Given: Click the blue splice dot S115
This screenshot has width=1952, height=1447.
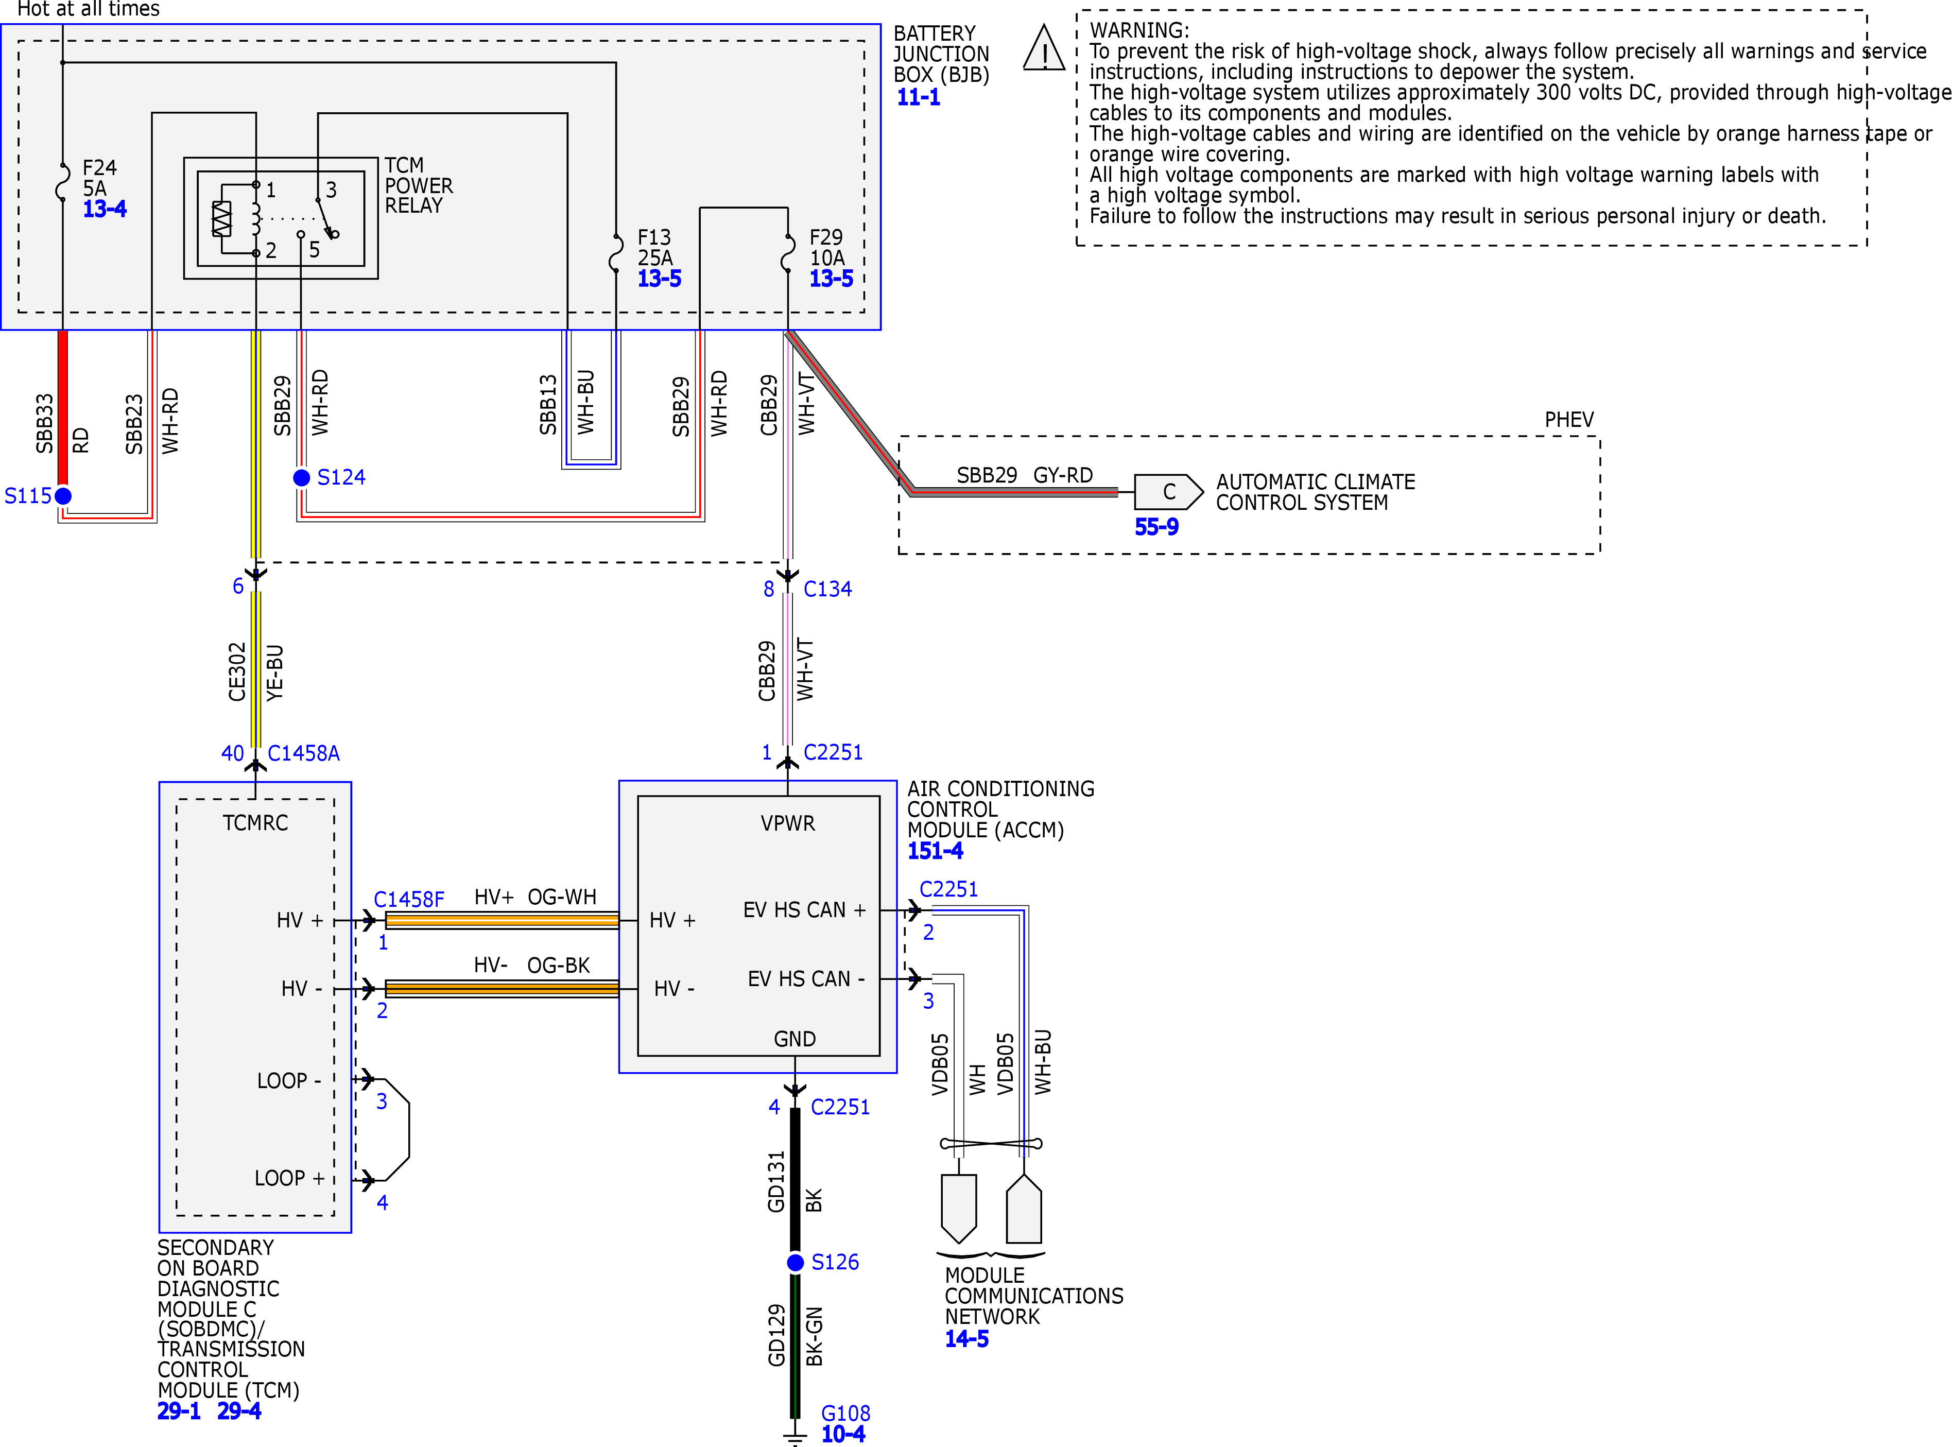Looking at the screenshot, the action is pyautogui.click(x=63, y=496).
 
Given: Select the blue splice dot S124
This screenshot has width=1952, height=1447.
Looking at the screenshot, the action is pyautogui.click(x=301, y=477).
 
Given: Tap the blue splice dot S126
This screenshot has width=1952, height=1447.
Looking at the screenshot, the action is pyautogui.click(x=795, y=1262).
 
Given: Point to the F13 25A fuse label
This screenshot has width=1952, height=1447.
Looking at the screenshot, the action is pyautogui.click(x=655, y=248).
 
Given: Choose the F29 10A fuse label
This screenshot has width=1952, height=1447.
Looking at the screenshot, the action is pyautogui.click(x=827, y=248).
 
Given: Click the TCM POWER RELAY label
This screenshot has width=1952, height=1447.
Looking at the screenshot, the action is pyautogui.click(x=419, y=186).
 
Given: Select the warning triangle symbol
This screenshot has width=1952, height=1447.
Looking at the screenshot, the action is pyautogui.click(x=1044, y=48).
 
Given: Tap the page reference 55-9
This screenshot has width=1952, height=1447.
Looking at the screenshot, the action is pyautogui.click(x=1156, y=527).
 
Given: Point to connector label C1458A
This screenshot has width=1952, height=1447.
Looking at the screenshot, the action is pyautogui.click(x=303, y=753).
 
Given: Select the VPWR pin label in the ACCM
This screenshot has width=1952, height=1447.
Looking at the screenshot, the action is pyautogui.click(x=787, y=823).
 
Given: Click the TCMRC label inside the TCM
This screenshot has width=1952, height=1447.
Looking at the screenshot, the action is pyautogui.click(x=255, y=823).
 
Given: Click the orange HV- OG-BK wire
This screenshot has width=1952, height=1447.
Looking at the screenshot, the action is pyautogui.click(x=502, y=989).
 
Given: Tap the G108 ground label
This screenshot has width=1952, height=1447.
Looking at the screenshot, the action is pyautogui.click(x=845, y=1414).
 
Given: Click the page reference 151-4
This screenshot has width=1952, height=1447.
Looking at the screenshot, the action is pyautogui.click(x=935, y=851).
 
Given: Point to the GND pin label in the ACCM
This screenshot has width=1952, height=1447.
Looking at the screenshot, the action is pyautogui.click(x=794, y=1039).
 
